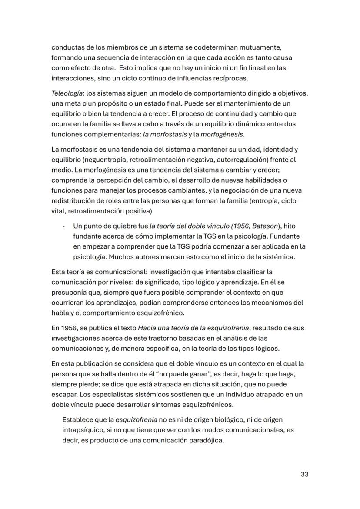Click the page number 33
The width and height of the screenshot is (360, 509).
[304, 474]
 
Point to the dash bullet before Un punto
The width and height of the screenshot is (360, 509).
[64, 226]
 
